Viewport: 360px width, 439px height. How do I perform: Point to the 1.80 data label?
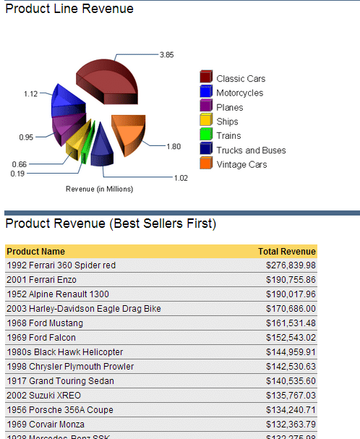tap(173, 147)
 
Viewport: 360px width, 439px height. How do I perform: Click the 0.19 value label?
tap(17, 174)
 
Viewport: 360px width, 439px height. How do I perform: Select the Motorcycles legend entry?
tap(239, 93)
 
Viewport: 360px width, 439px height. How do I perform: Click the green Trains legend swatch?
tap(205, 135)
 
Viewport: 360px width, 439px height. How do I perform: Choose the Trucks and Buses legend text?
tap(251, 150)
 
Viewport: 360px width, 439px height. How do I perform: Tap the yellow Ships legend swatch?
tap(205, 121)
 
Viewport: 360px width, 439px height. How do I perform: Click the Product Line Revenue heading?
tap(69, 9)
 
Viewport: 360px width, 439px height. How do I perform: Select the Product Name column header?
tap(35, 252)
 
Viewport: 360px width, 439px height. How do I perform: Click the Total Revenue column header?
tap(286, 252)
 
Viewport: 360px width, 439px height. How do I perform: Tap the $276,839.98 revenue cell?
tap(291, 265)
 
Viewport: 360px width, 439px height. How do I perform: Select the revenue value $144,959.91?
tap(291, 352)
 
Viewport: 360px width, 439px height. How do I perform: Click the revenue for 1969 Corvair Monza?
tap(291, 425)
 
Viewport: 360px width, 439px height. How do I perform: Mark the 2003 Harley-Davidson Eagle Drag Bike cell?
tap(83, 309)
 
